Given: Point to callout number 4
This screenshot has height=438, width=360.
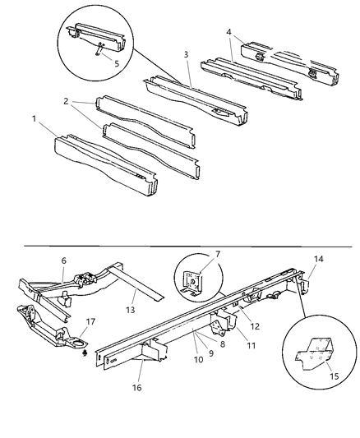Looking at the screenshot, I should click(228, 33).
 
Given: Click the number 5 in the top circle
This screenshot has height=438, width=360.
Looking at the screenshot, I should click(116, 62).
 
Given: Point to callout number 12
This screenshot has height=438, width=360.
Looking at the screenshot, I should click(255, 326).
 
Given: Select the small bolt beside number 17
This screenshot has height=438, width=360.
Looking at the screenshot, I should click(86, 356).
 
